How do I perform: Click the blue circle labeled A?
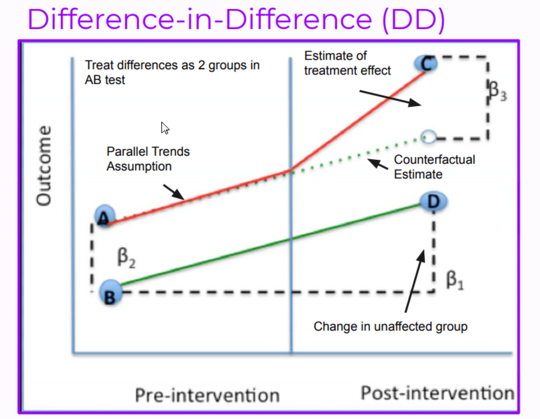(105, 216)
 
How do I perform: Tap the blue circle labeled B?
(110, 293)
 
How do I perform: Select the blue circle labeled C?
(426, 64)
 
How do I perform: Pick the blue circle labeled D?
(434, 201)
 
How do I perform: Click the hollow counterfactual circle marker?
(429, 137)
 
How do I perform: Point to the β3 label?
(498, 91)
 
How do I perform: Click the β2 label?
(126, 257)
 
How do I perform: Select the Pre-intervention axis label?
(207, 395)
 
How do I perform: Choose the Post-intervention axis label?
(437, 393)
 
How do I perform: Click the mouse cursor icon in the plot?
(165, 128)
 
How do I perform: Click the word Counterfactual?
(434, 160)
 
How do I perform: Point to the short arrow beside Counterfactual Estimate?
(378, 164)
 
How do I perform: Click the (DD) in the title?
(413, 19)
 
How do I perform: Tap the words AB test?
(105, 80)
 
